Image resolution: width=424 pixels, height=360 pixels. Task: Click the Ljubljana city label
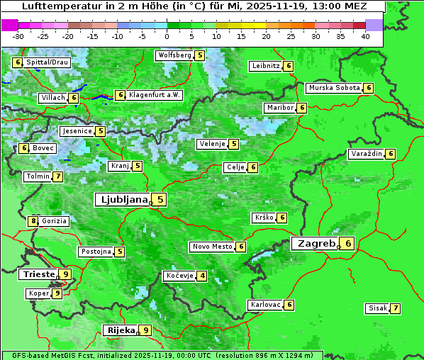click(x=122, y=200)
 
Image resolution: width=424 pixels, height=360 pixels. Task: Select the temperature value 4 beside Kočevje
click(x=203, y=276)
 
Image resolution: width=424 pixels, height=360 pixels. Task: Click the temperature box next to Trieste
click(x=65, y=274)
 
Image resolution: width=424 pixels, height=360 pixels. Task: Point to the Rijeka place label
click(x=120, y=330)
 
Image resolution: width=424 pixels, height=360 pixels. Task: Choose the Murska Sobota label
click(x=333, y=88)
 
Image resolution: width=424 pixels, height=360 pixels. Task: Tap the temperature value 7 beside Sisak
click(x=395, y=308)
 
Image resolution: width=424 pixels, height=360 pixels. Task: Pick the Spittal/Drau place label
click(x=47, y=62)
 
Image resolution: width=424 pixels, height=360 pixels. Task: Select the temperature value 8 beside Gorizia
click(x=33, y=221)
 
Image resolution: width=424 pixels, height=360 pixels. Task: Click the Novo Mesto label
click(x=212, y=247)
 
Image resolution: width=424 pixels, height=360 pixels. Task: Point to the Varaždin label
click(x=367, y=154)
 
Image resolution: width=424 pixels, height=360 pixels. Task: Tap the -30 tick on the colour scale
click(x=18, y=35)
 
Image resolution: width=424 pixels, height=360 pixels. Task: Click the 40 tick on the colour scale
click(x=365, y=35)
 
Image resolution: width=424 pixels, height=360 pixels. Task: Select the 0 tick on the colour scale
click(x=167, y=35)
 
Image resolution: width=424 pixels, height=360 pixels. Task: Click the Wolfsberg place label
click(x=174, y=55)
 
